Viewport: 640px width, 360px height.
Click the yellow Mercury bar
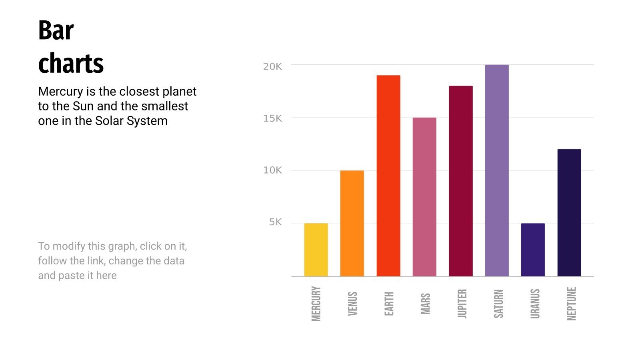[316, 250]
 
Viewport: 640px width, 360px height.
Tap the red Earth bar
[388, 176]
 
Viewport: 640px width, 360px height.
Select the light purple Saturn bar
[497, 170]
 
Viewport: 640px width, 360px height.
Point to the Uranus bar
[533, 250]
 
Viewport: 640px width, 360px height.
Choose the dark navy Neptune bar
[569, 212]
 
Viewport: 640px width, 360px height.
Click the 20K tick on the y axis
[272, 67]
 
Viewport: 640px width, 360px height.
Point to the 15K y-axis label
[272, 118]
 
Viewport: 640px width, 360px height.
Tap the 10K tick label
[272, 170]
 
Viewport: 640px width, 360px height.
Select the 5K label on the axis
[276, 222]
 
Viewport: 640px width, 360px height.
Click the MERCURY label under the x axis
[316, 304]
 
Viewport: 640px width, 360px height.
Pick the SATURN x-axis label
[498, 304]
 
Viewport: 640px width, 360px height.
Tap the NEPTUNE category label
[572, 304]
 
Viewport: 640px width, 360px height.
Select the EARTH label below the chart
[389, 304]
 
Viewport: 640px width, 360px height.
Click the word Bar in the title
[56, 30]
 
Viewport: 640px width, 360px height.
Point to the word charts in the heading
[71, 63]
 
